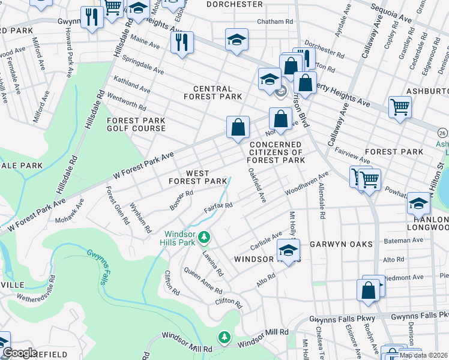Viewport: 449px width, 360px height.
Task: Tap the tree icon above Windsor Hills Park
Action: (x=205, y=238)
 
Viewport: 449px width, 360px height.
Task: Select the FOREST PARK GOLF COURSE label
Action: (x=136, y=124)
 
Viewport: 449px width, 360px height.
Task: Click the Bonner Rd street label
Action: (x=181, y=200)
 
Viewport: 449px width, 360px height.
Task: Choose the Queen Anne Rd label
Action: (x=203, y=278)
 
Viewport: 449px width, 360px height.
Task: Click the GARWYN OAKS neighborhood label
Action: (x=341, y=244)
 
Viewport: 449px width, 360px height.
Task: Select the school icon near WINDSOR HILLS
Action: (x=288, y=250)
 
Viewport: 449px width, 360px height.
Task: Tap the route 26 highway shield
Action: (x=442, y=132)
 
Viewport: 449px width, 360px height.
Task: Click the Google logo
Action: (x=19, y=353)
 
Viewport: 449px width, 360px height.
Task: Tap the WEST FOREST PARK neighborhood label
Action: (x=197, y=177)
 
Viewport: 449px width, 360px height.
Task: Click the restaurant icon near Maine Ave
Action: (x=181, y=43)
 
